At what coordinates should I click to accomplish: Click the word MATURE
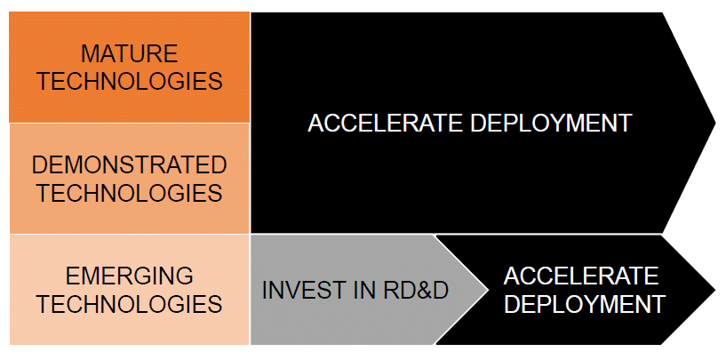coord(130,53)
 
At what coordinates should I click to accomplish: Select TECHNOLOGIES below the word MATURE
coord(130,81)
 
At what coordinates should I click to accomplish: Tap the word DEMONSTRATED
coord(130,164)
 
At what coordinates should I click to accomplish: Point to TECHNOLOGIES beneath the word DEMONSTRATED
coord(130,192)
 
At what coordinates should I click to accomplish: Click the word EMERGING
coord(130,276)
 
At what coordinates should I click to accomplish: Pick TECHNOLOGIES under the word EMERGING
coord(130,304)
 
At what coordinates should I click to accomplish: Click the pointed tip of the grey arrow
coord(485,290)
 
